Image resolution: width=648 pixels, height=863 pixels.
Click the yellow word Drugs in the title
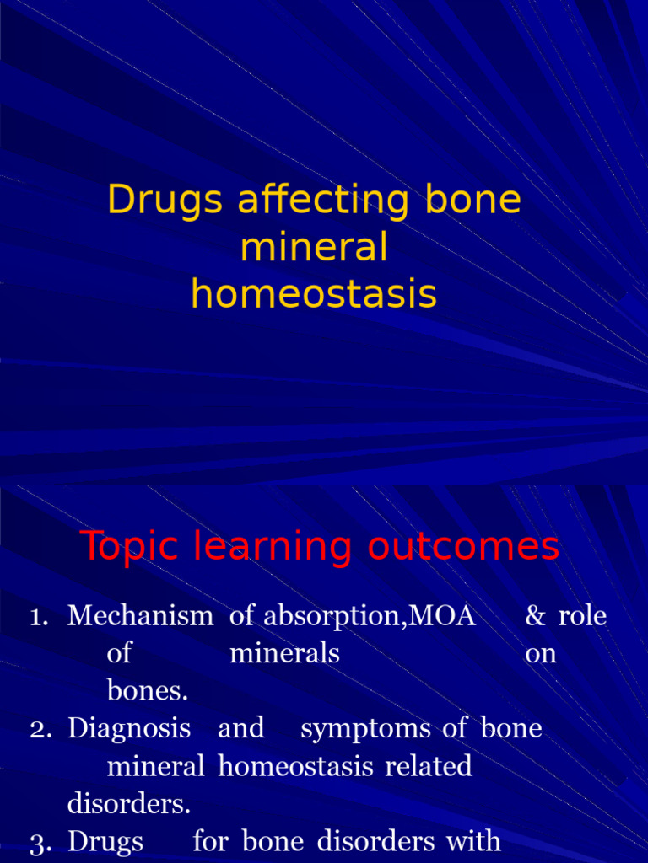click(x=165, y=201)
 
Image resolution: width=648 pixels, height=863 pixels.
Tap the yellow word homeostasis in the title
click(x=314, y=295)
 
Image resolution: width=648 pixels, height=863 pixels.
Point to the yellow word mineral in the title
click(x=314, y=249)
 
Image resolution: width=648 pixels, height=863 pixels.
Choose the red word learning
click(x=272, y=548)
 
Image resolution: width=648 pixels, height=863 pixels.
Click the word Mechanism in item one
click(x=141, y=616)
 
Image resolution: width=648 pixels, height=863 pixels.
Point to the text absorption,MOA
click(x=370, y=617)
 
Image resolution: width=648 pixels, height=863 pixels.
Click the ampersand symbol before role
click(x=535, y=617)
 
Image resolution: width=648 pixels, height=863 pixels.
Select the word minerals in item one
click(x=284, y=653)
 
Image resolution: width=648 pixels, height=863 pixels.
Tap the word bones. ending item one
click(x=148, y=691)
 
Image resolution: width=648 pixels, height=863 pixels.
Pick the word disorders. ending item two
click(x=129, y=804)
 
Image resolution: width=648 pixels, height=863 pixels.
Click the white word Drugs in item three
click(x=105, y=840)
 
